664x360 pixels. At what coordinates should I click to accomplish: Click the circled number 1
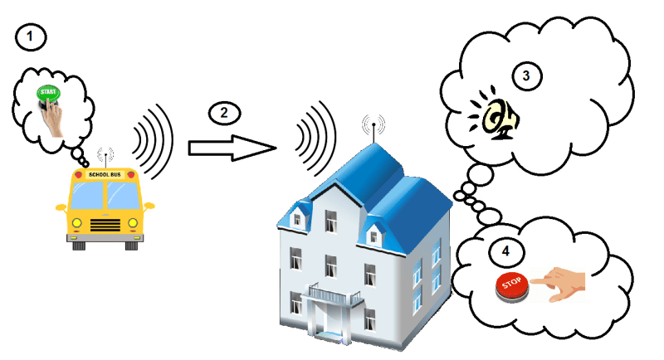click(29, 36)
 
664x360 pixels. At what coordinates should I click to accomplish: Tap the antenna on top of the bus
click(105, 157)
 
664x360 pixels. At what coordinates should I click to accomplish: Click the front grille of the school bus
click(105, 224)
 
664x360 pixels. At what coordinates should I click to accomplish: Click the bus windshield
click(105, 197)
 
